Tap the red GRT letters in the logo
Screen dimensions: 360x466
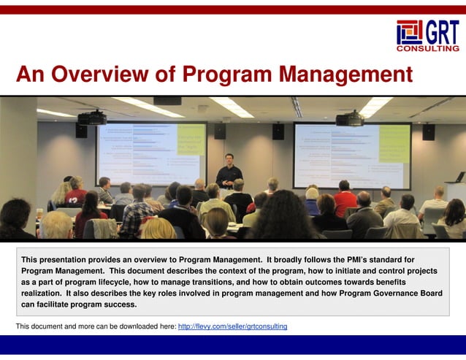coord(443,32)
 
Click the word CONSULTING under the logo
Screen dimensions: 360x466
coord(428,49)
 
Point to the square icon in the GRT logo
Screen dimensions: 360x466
coord(409,32)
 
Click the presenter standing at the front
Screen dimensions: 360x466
coord(229,172)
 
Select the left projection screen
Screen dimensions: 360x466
coord(151,153)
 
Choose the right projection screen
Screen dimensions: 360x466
coord(351,154)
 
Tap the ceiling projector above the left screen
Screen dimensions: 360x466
coord(92,118)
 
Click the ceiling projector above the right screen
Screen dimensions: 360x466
coord(350,118)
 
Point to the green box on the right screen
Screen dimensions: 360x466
coord(394,142)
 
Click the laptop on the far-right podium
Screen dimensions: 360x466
coord(459,177)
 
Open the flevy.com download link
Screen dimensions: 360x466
coord(232,326)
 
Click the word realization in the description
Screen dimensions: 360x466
coord(42,293)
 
